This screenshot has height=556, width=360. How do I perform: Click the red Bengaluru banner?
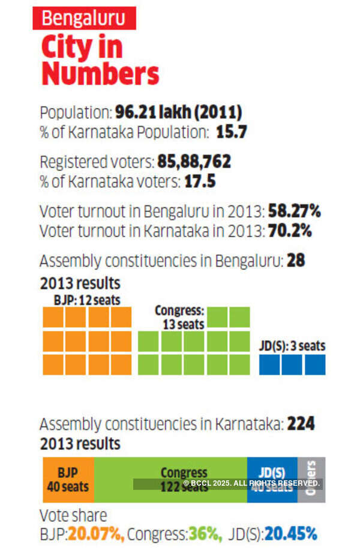click(x=84, y=18)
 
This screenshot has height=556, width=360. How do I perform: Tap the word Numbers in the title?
click(x=100, y=74)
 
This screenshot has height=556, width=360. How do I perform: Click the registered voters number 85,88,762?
click(x=194, y=162)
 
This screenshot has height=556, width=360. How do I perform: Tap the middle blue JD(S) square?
click(x=292, y=364)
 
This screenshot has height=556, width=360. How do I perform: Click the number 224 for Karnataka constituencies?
click(x=301, y=424)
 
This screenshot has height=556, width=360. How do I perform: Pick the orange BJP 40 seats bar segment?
click(x=68, y=480)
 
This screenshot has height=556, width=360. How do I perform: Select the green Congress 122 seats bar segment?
click(x=170, y=480)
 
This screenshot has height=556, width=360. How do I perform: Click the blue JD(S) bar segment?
click(x=272, y=480)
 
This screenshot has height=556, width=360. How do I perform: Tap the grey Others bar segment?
click(x=311, y=480)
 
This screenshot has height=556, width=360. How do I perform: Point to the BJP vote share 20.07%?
click(x=95, y=533)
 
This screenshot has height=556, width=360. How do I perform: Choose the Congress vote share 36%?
click(x=205, y=533)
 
